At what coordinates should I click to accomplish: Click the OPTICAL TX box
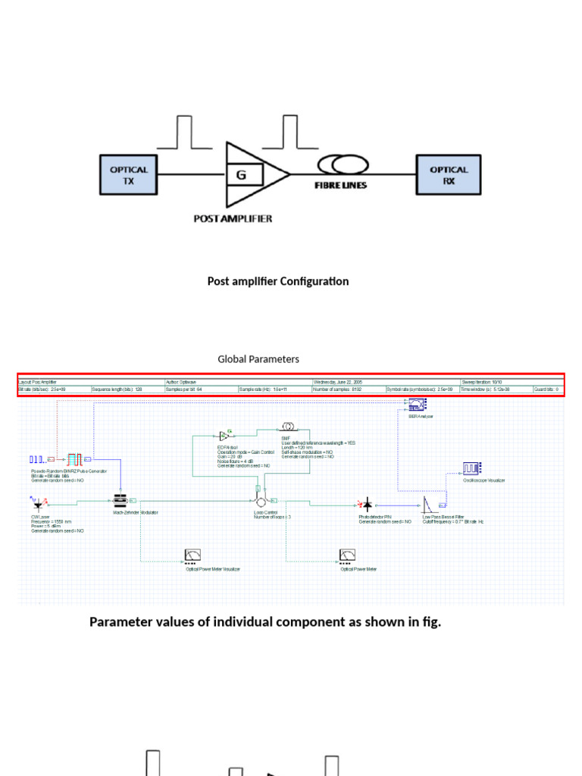128,175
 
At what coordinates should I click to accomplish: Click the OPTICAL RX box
449,175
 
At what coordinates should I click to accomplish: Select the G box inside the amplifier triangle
242,176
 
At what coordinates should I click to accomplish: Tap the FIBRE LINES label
341,185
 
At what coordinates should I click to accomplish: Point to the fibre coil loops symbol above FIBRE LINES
342,164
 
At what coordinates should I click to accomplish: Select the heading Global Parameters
258,359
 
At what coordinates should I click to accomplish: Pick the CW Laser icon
37,502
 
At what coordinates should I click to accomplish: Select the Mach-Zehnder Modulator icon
120,501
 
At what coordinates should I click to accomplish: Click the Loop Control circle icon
261,502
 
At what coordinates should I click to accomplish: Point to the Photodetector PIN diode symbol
367,503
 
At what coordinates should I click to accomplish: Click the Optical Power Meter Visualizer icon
192,557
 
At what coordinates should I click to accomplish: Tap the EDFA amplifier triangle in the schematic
224,436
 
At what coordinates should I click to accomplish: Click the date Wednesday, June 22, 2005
337,383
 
